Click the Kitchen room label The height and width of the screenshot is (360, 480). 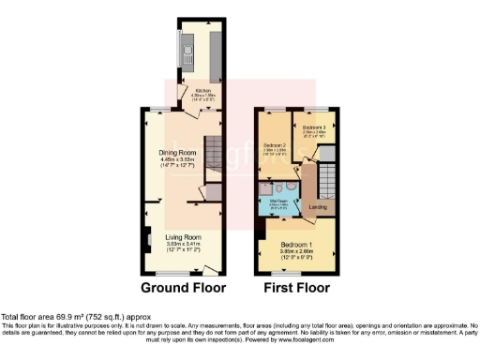pyautogui.click(x=203, y=91)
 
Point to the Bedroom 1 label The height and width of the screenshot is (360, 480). pyautogui.click(x=296, y=243)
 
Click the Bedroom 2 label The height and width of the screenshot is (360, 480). pyautogui.click(x=275, y=145)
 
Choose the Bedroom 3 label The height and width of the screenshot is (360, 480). pyautogui.click(x=314, y=127)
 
